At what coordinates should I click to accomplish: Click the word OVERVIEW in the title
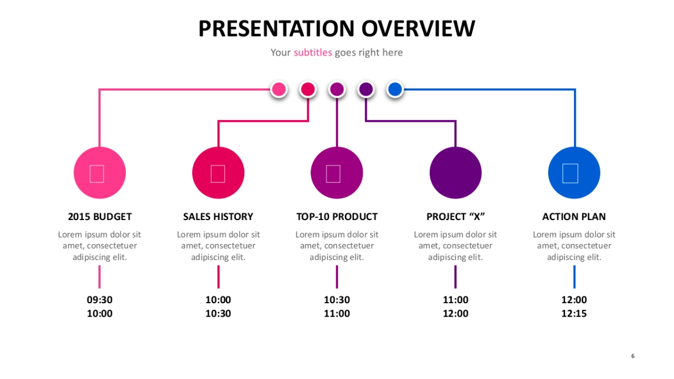418,29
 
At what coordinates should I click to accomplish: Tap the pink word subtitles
313,53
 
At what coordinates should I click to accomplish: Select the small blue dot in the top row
395,89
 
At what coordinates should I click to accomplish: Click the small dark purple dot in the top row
366,89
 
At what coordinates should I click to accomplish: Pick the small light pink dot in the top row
279,89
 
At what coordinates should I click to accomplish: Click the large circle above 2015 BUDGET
99,173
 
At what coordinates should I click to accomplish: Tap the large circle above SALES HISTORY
218,173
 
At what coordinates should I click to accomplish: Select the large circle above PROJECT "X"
456,173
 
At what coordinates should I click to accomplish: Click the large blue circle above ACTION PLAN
574,173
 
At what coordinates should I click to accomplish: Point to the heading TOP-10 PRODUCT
336,217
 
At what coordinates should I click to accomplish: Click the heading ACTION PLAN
574,217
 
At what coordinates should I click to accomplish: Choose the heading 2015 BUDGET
99,217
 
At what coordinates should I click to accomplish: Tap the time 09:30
99,300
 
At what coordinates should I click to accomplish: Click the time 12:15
574,314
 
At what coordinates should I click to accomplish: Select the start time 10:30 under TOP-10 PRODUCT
336,300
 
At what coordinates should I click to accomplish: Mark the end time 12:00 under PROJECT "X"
456,314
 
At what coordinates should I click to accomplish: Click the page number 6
633,356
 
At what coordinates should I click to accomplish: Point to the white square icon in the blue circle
570,173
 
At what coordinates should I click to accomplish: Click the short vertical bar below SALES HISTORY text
218,277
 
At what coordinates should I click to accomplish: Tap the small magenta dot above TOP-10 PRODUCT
337,89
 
